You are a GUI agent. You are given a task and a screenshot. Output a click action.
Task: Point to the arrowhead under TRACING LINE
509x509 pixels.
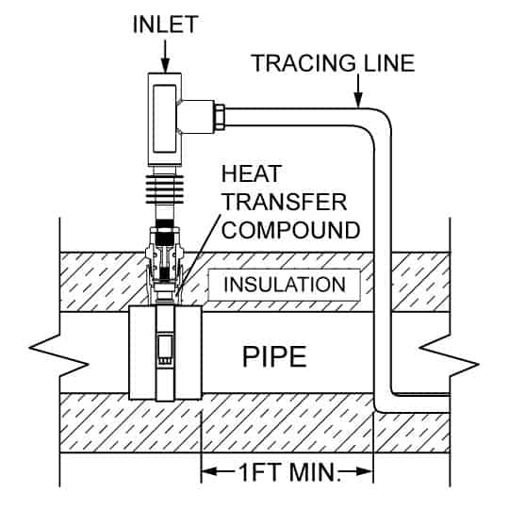(x=359, y=103)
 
